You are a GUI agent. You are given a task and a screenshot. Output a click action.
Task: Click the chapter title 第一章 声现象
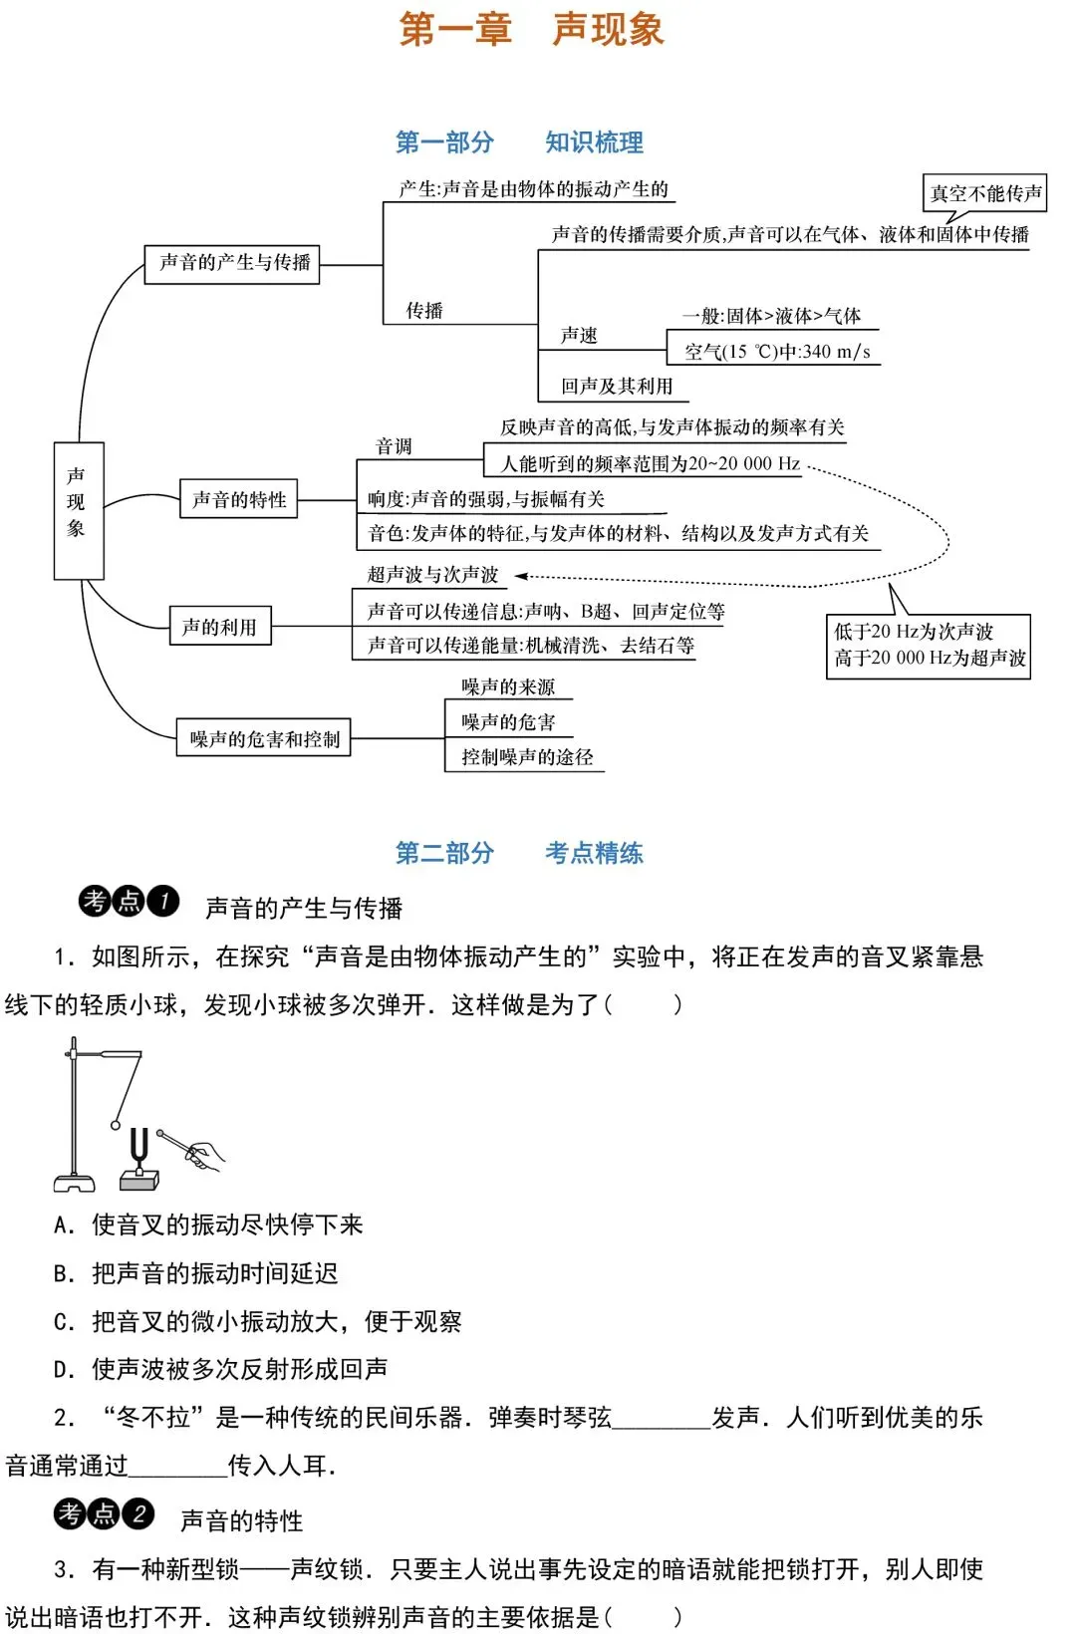(x=531, y=29)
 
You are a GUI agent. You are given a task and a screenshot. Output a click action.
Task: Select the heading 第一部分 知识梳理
(x=519, y=142)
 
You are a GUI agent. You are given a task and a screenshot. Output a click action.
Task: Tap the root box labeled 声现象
(x=78, y=510)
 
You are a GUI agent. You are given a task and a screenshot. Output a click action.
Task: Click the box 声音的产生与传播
(x=232, y=264)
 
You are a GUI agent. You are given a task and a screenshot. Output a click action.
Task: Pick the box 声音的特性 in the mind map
(x=239, y=499)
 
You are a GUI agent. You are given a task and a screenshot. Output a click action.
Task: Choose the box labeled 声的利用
(x=220, y=627)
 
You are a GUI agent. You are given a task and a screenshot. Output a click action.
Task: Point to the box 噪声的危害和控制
(x=264, y=738)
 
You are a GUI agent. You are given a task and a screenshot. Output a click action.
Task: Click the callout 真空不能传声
(x=984, y=193)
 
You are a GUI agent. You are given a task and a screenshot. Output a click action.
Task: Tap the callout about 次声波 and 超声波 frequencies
(x=929, y=646)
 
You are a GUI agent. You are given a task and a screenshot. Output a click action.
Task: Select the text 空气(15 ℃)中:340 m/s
(x=777, y=352)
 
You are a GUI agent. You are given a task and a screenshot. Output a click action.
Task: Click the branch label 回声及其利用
(x=617, y=386)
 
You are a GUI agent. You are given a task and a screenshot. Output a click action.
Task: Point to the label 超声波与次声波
(x=432, y=575)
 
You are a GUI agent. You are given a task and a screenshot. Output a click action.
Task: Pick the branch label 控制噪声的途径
(x=527, y=757)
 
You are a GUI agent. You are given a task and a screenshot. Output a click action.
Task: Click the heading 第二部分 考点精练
(x=519, y=853)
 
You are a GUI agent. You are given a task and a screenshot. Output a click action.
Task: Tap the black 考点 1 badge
(x=129, y=902)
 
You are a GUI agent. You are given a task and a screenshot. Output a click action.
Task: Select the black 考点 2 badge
(x=104, y=1514)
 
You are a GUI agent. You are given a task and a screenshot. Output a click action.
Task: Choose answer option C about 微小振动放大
(x=257, y=1321)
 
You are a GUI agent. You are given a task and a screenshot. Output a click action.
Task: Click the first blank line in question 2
(x=662, y=1419)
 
